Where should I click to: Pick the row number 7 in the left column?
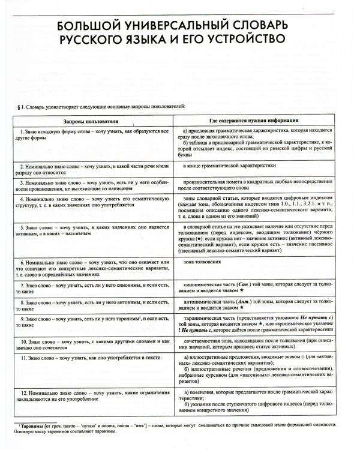click(22, 286)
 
